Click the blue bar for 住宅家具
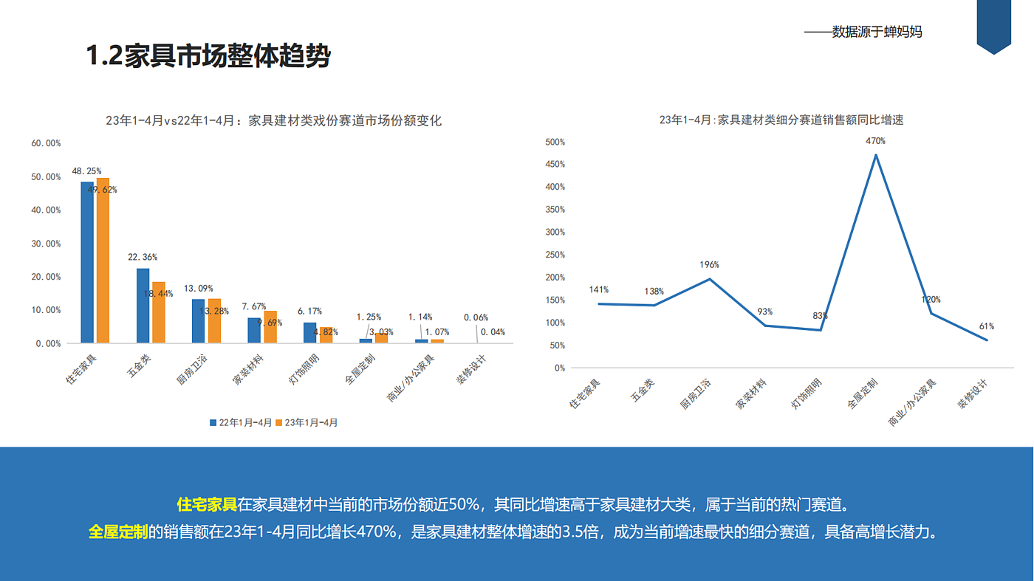coord(87,262)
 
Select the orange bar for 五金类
coord(159,312)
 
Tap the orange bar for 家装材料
coord(270,327)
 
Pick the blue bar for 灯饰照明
coord(309,333)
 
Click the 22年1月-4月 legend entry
coord(241,423)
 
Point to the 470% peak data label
coord(875,141)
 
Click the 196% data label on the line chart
coord(709,265)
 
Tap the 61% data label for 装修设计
coord(987,326)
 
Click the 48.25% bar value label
coord(86,171)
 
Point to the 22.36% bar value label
coord(143,258)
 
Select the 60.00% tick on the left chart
coord(46,143)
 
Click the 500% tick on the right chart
coord(555,142)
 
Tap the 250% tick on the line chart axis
coord(555,255)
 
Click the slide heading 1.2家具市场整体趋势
coord(208,56)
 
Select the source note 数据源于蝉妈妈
coord(877,32)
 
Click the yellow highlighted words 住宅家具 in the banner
coord(207,505)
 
